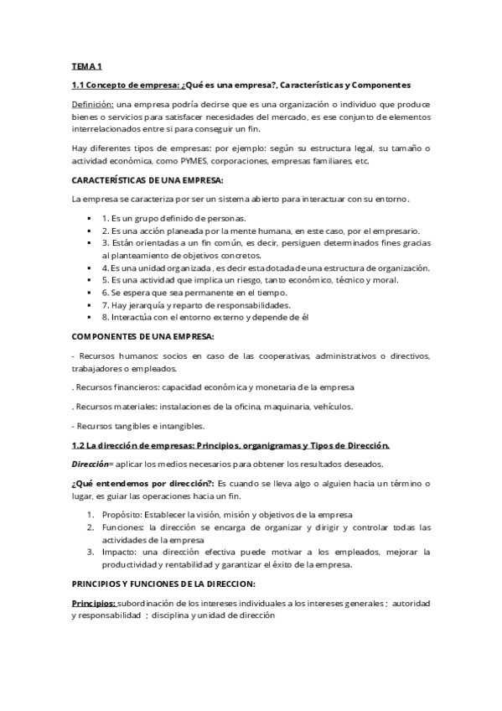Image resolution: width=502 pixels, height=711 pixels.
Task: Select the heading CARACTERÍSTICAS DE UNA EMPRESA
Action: click(x=147, y=180)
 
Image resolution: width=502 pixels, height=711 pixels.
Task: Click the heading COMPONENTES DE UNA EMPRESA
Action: click(x=143, y=336)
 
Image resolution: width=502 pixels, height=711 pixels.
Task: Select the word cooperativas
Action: click(x=275, y=356)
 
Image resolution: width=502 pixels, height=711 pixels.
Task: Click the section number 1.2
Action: click(x=80, y=444)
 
